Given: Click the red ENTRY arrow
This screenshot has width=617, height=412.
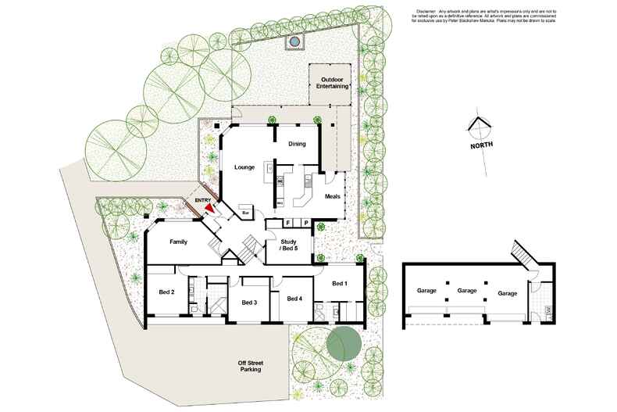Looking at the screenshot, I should coord(209,209).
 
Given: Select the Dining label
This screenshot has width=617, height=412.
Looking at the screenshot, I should coord(297,144).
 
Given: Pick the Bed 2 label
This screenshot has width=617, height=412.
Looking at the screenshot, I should coord(166,292).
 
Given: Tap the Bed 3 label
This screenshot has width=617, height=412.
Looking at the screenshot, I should coord(249,303).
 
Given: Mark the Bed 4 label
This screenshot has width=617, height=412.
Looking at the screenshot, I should coord(294,299).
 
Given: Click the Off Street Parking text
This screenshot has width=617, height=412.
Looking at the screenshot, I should coord(250,366).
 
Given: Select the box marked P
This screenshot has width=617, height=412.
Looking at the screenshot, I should coord(305,223).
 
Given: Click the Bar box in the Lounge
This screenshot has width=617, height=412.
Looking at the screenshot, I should coord(245,212).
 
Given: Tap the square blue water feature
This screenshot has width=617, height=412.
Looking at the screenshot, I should coord(294,41).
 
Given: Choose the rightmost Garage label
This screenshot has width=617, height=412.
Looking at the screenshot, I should coord(508,293).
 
